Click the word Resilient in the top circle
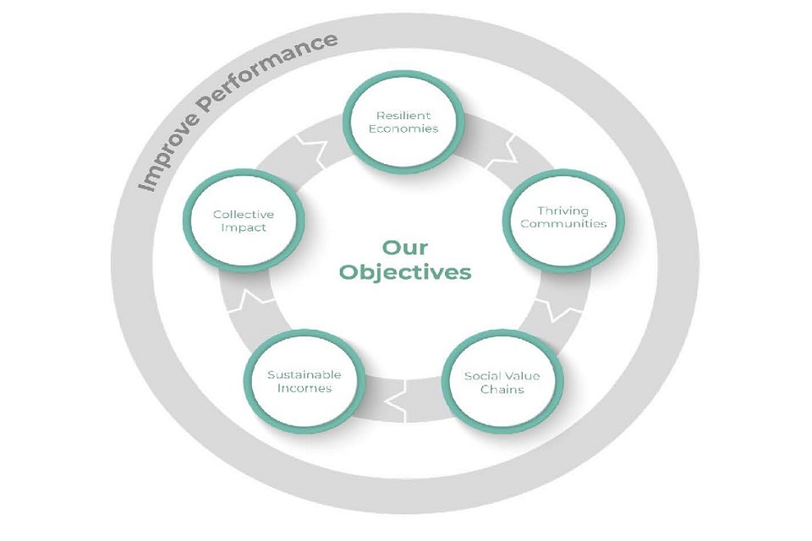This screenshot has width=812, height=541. [404, 115]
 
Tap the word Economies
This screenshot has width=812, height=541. [404, 129]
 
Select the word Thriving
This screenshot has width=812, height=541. [562, 210]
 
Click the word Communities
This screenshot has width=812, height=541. [563, 224]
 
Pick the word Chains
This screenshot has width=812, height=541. [502, 389]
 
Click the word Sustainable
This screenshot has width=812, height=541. [304, 374]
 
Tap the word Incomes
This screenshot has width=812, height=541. [304, 388]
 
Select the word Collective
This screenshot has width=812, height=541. [243, 215]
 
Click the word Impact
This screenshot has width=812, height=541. [243, 228]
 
